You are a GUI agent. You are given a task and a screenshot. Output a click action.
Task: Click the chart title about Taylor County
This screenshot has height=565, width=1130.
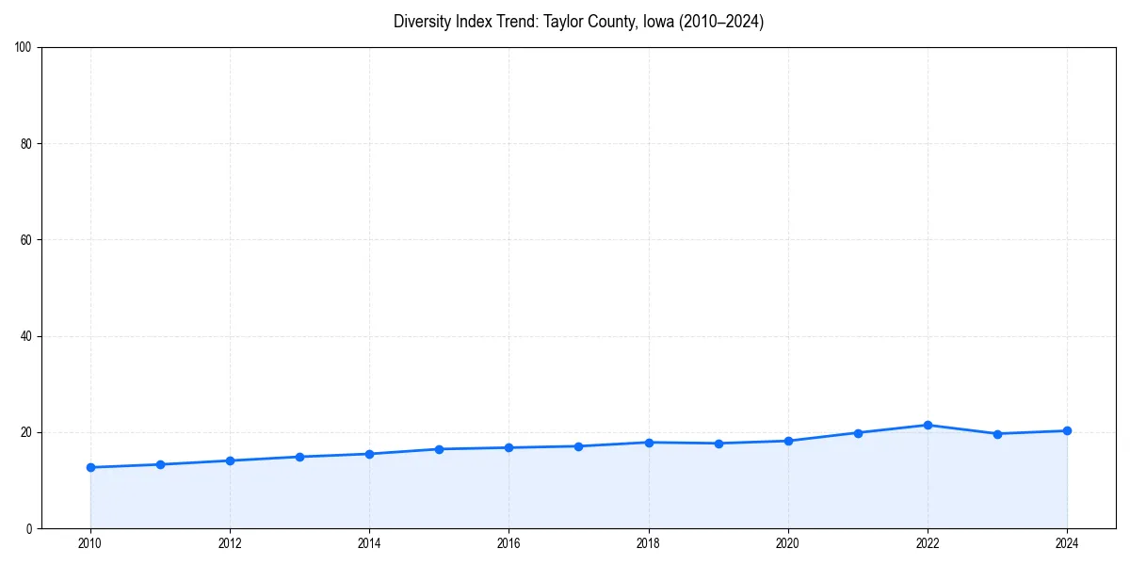pos(578,22)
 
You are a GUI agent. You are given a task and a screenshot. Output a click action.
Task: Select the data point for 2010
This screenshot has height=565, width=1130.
pos(90,467)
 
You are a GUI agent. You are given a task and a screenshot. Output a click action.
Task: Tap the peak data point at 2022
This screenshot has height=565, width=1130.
pos(928,425)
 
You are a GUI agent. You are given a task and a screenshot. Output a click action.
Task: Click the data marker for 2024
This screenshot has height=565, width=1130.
pos(1067,430)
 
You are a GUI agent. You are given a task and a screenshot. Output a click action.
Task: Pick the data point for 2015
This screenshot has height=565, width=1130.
pos(439,449)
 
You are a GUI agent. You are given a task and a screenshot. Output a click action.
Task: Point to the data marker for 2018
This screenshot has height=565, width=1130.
pos(649,443)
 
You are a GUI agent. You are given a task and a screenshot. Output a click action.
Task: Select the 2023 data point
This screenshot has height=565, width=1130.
pos(997,434)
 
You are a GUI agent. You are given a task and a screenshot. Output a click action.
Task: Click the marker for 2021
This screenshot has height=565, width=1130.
pos(858,433)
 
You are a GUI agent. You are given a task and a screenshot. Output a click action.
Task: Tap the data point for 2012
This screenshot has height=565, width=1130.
pos(230,460)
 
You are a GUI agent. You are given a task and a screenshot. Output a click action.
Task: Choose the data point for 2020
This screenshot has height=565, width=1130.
pos(788,441)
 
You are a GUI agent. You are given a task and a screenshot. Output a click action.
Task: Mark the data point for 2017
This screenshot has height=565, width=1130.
pos(578,446)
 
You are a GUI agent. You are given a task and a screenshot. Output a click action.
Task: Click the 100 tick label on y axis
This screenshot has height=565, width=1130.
pos(24,47)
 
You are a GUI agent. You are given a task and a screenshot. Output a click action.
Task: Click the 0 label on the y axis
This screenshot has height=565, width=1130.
pos(30,528)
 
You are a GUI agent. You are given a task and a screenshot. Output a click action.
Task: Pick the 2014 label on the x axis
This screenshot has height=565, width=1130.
pos(369,543)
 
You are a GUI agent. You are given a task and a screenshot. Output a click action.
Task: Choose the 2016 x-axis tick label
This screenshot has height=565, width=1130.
pos(508,543)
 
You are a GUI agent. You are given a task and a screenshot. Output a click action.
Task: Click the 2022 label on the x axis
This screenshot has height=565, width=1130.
pos(928,543)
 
